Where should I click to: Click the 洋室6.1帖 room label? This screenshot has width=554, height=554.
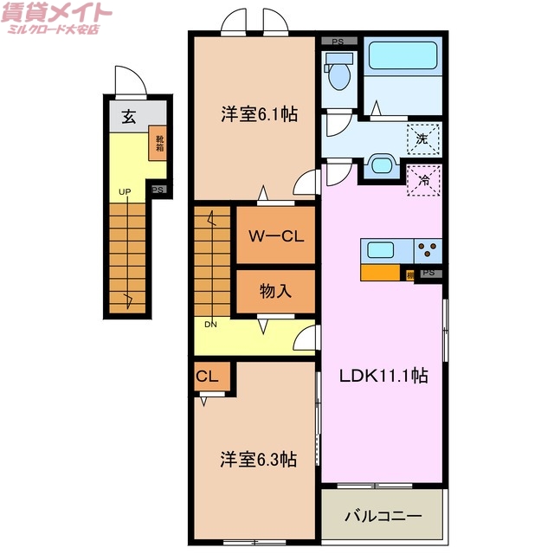click(x=259, y=113)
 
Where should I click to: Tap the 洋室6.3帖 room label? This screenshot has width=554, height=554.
click(x=258, y=459)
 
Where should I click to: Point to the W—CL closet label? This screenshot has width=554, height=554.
click(x=275, y=235)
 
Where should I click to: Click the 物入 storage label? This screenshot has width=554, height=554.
click(x=275, y=292)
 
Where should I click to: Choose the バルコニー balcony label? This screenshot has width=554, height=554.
click(x=383, y=516)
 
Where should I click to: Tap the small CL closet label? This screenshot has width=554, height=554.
click(x=206, y=377)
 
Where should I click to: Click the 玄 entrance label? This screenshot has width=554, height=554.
click(x=128, y=118)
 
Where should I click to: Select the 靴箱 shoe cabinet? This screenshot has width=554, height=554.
click(x=159, y=142)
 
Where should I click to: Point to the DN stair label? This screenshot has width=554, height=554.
click(x=210, y=325)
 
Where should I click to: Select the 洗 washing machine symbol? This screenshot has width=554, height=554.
click(x=423, y=138)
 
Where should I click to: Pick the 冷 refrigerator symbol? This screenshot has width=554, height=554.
click(x=424, y=182)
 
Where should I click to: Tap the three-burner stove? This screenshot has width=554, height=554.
click(x=428, y=251)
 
